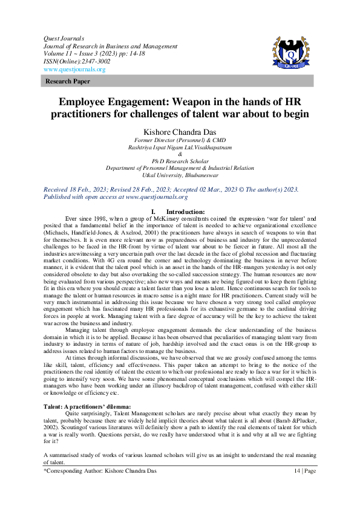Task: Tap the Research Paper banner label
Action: [x=66, y=80]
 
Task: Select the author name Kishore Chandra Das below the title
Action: [x=180, y=131]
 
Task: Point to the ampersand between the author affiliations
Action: [x=180, y=154]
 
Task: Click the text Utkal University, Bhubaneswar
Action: [x=180, y=175]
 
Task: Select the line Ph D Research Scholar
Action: [x=180, y=161]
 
